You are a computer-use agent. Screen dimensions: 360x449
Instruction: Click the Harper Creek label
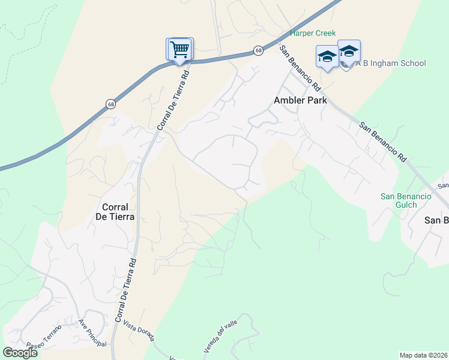[313, 33]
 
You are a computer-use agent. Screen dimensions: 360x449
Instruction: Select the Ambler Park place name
[300, 100]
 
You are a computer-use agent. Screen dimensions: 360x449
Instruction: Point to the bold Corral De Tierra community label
[114, 211]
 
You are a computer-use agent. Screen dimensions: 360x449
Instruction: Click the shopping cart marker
[180, 49]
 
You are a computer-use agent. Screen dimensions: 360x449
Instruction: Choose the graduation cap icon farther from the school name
[327, 56]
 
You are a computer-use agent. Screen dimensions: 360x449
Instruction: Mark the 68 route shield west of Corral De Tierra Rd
[111, 104]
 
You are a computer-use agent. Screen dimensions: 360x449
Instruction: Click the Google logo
[20, 353]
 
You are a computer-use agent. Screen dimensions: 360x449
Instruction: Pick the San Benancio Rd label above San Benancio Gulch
[382, 142]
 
